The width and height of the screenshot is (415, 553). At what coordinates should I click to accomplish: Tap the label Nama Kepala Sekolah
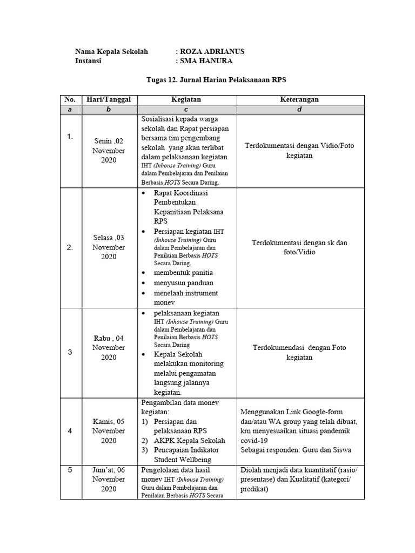point(111,51)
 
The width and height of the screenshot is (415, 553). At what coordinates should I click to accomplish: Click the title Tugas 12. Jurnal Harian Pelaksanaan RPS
point(216,80)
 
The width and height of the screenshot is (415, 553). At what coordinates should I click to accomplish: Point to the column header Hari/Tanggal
point(108,99)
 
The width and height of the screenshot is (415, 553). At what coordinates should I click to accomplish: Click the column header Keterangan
point(299,99)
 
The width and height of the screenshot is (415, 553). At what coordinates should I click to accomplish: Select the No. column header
point(70,99)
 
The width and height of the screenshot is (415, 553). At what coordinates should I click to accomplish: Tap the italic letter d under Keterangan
point(299,110)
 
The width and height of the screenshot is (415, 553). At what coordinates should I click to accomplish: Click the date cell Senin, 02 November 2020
point(108,151)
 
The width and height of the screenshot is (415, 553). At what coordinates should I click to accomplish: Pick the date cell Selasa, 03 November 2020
point(108,247)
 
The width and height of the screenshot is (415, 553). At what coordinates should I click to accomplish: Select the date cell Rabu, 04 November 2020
point(108,348)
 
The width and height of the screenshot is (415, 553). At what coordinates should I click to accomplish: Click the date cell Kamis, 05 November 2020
point(108,431)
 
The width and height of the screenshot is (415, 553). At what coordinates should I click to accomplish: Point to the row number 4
point(70,431)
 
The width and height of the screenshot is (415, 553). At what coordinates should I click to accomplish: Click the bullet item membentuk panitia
point(183,273)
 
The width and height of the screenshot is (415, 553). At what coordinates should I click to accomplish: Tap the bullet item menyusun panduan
point(184,283)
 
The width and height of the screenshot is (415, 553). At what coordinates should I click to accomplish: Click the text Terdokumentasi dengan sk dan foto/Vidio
point(299,247)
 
